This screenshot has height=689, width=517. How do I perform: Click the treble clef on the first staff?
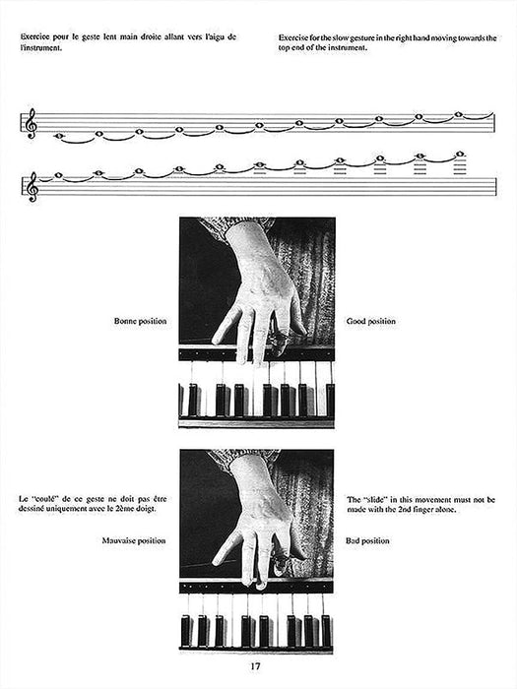tap(31, 124)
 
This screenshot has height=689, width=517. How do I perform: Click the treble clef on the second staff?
tap(31, 183)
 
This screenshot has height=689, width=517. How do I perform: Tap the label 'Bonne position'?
tap(141, 322)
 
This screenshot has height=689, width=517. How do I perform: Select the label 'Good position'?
tap(370, 322)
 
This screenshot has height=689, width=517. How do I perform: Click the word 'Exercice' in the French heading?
tap(36, 37)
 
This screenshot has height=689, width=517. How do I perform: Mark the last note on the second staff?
tap(460, 155)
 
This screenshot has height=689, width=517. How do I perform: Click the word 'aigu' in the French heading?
tap(207, 37)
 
